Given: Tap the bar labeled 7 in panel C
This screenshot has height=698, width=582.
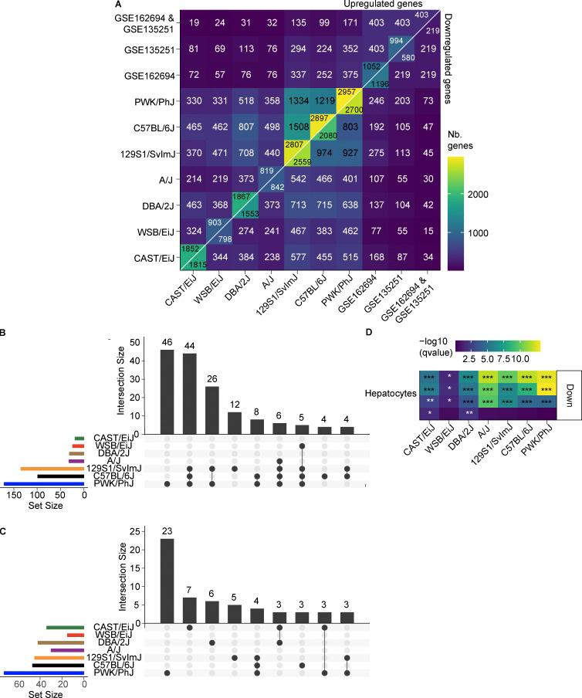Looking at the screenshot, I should tap(189, 608).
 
